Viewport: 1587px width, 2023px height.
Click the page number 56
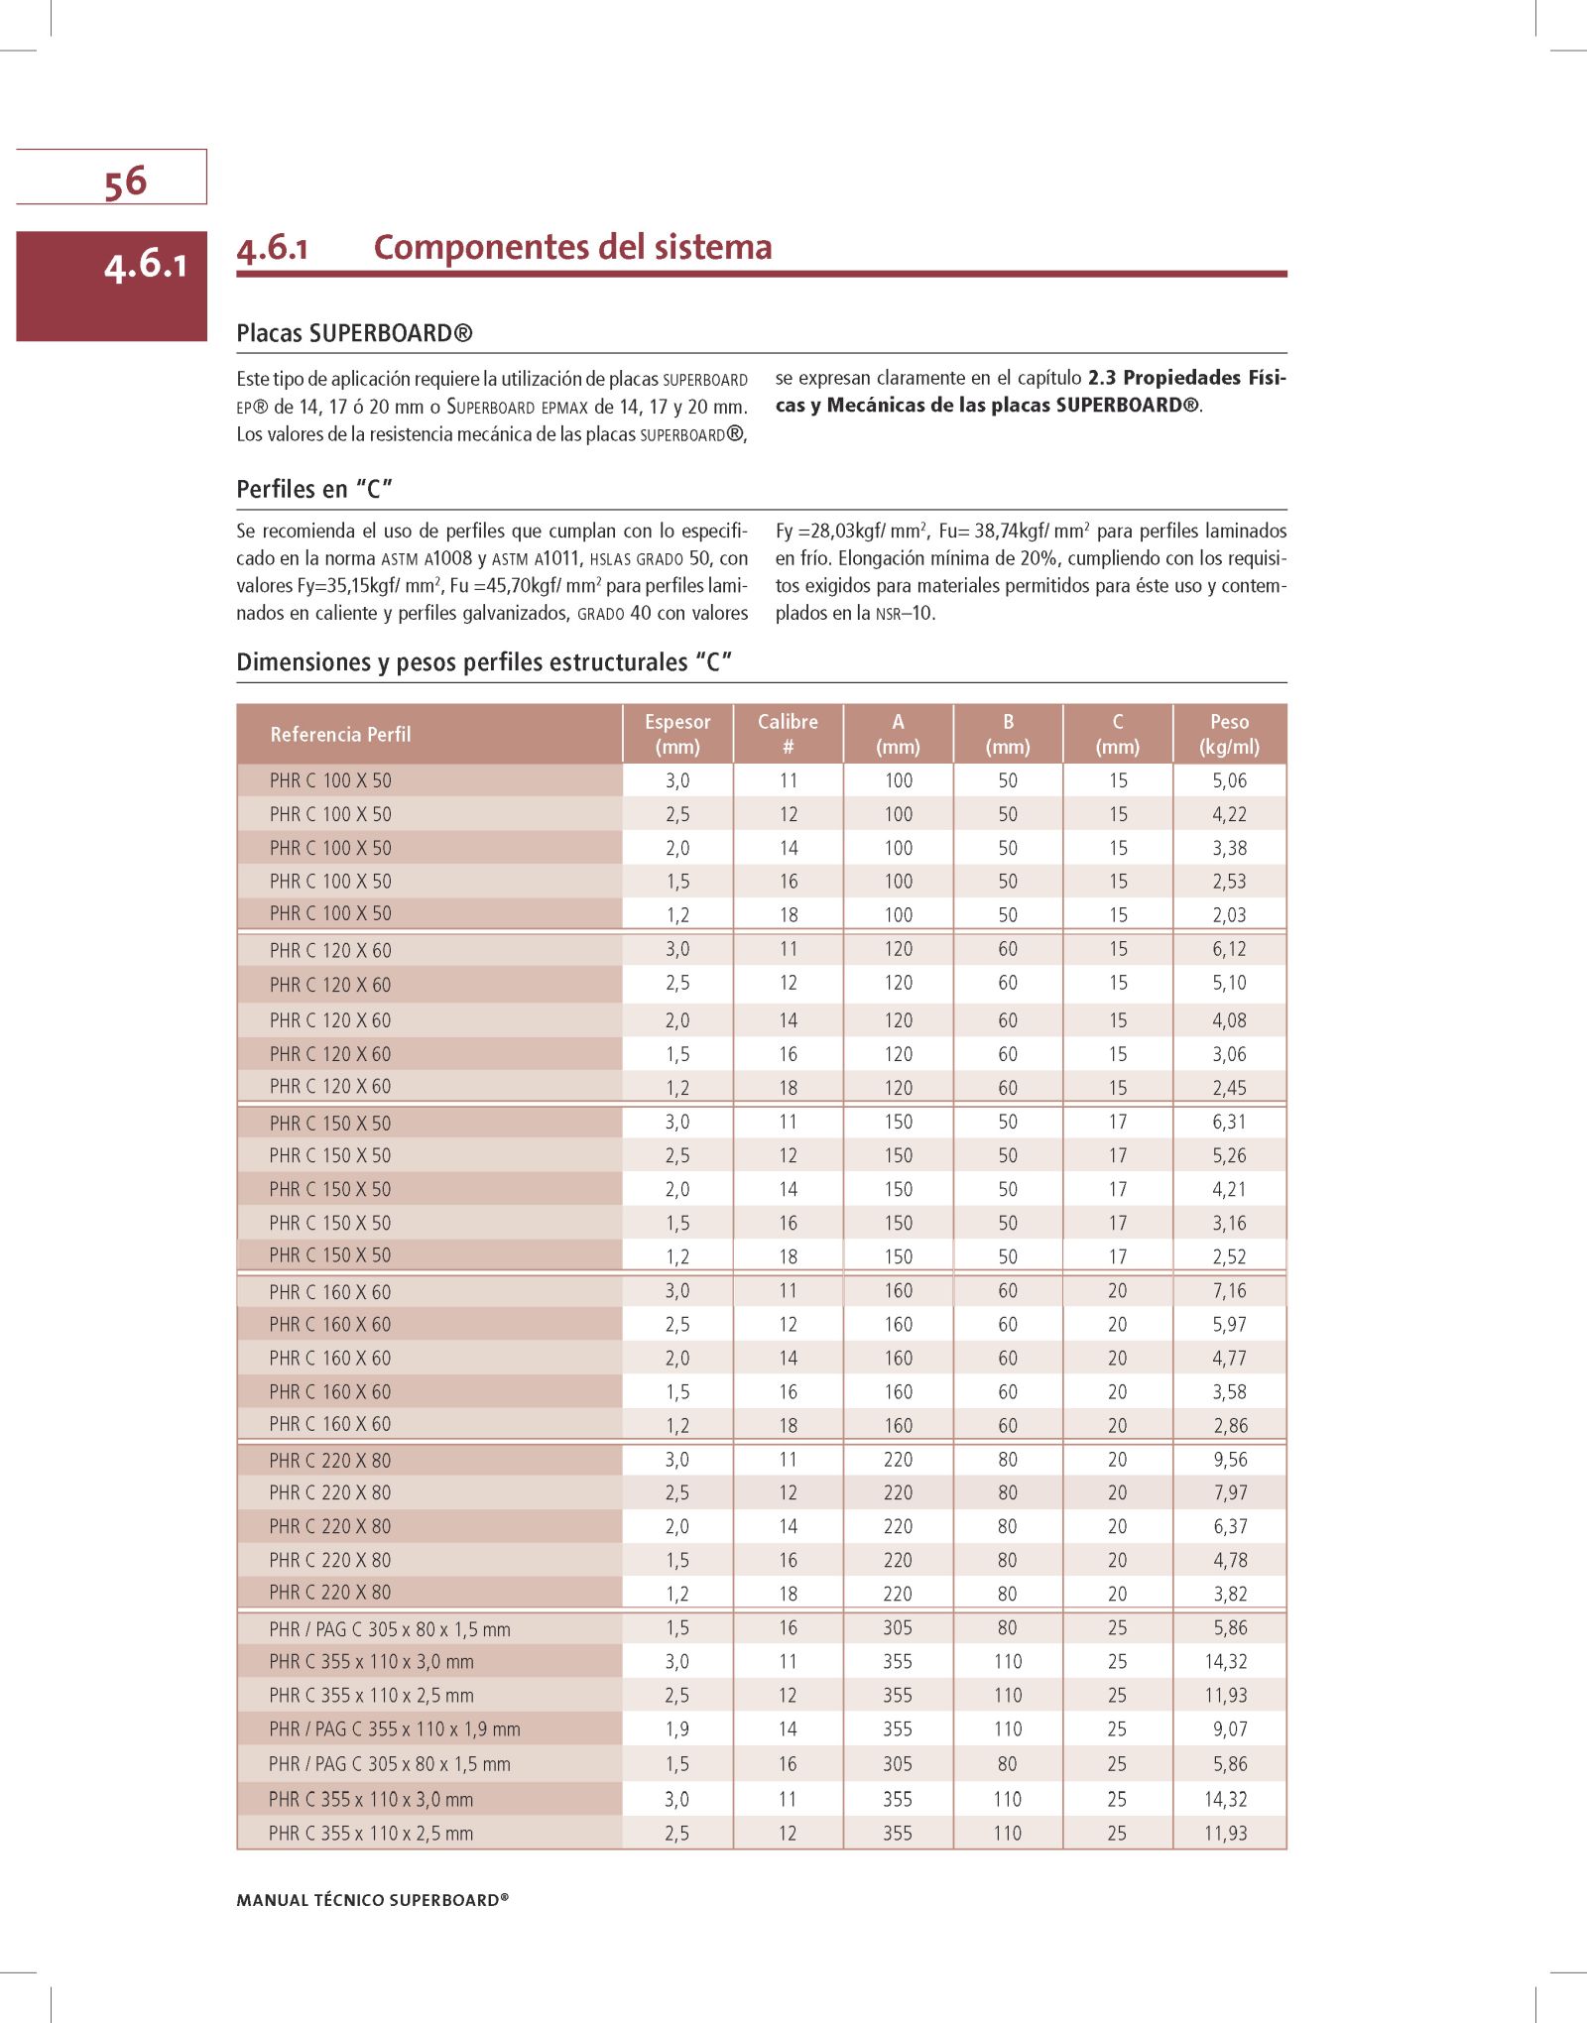[x=125, y=181]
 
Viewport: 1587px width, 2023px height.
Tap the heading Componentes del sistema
[x=572, y=247]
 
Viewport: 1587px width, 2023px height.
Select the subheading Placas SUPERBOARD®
[x=354, y=333]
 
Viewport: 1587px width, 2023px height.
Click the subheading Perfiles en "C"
[x=314, y=489]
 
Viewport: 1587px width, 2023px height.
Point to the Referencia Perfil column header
[x=340, y=735]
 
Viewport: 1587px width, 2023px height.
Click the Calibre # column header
[x=788, y=734]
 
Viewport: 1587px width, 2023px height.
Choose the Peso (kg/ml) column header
[x=1229, y=734]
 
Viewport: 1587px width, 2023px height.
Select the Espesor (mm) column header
[x=677, y=734]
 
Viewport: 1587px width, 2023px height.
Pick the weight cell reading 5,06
[x=1229, y=780]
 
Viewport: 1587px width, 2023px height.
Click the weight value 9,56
[x=1229, y=1460]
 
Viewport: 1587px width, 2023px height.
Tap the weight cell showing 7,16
[x=1229, y=1291]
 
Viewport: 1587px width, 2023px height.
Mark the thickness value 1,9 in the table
[x=677, y=1729]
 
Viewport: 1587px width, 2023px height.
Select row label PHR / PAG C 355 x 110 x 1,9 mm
[x=394, y=1729]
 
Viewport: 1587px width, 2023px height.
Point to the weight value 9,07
[x=1229, y=1729]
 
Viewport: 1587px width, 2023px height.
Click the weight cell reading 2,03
[x=1229, y=915]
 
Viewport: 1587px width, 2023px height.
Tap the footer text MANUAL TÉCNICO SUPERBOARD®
[x=372, y=1900]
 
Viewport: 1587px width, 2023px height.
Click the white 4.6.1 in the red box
[x=145, y=265]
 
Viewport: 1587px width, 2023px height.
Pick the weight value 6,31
[x=1229, y=1123]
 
